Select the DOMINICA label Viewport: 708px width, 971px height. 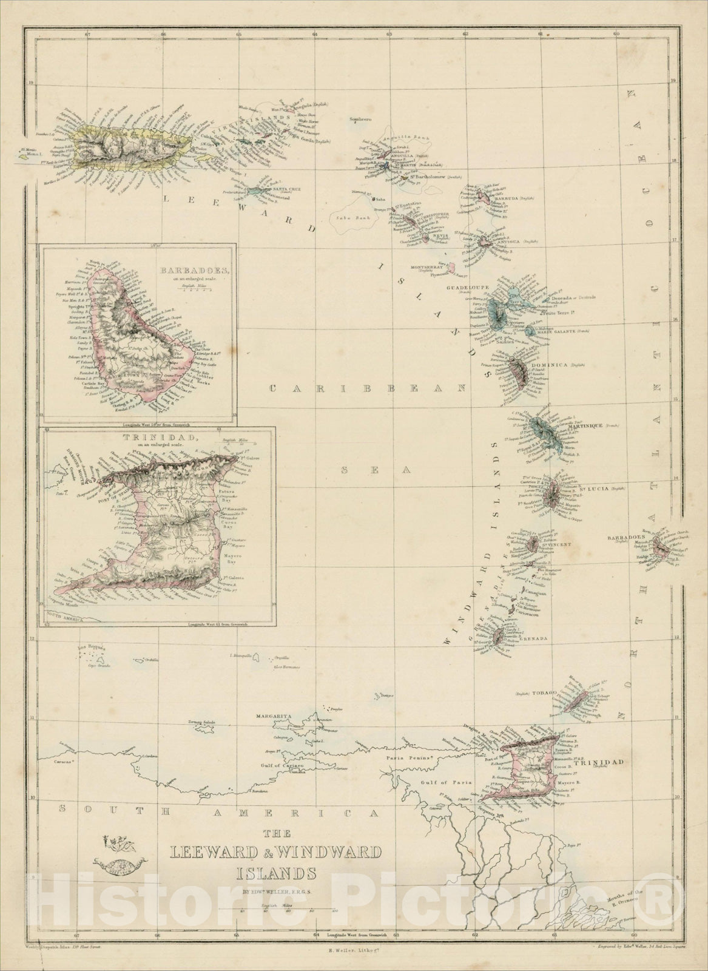pyautogui.click(x=549, y=365)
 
